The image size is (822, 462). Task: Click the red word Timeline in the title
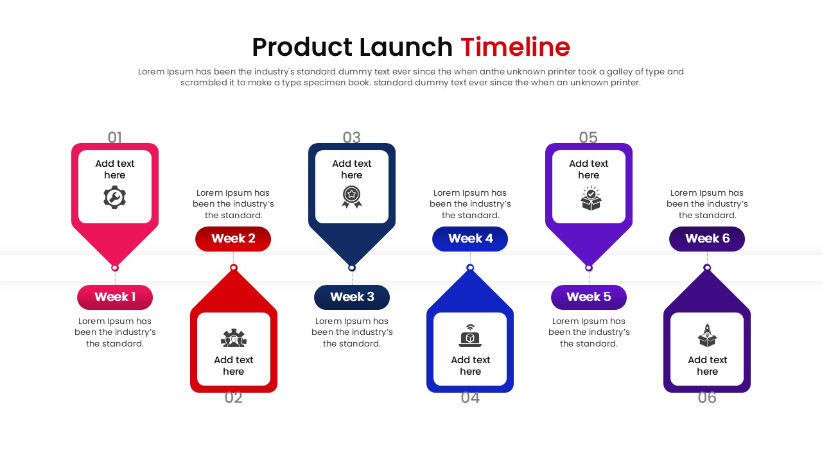point(515,47)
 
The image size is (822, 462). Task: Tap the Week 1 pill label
point(115,297)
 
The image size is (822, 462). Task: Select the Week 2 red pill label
point(233,239)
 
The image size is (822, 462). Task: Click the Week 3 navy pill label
point(352,297)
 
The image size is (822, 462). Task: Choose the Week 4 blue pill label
point(470,239)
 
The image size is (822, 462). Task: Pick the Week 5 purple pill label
point(588,297)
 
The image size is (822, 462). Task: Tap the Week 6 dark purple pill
point(707,239)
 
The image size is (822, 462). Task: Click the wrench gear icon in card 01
point(115,198)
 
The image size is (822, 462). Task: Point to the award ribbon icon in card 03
point(352,197)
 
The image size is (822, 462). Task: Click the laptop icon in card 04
point(470,336)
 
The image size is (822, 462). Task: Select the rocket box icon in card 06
point(707,336)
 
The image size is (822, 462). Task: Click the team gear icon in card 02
point(234,338)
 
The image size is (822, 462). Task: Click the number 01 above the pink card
point(115,137)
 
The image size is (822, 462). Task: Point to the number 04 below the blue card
point(470,398)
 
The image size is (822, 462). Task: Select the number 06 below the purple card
point(707,398)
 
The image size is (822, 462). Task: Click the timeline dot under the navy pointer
point(352,268)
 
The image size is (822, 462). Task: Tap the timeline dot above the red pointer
point(234,268)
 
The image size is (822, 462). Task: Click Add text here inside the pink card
point(115,169)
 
